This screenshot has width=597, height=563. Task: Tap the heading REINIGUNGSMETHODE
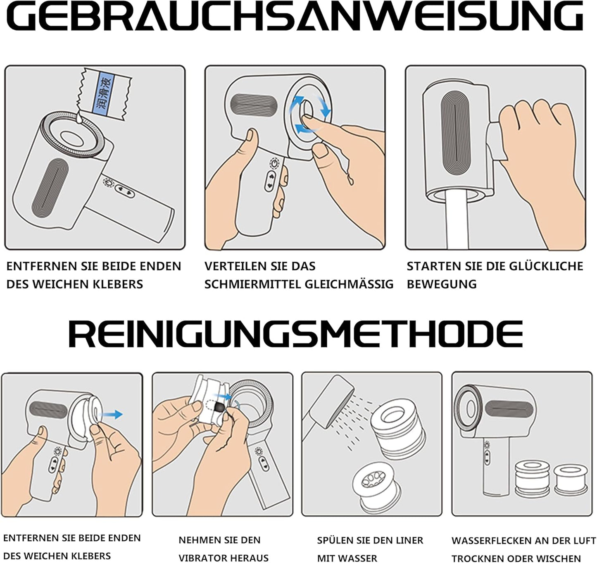[296, 334]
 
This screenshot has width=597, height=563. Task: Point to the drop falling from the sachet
[78, 119]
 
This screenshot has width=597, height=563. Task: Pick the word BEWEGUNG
[442, 284]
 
